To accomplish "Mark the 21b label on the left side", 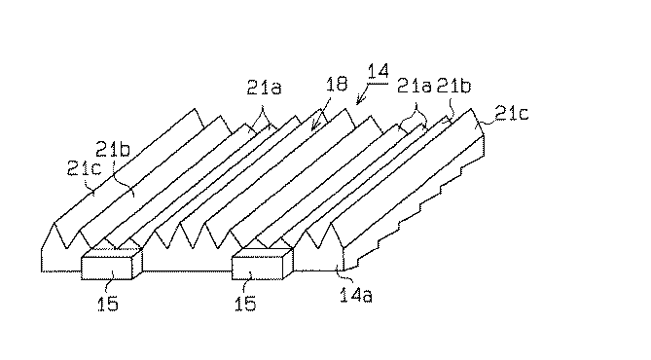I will point(111,149).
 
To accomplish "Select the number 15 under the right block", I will point(246,305).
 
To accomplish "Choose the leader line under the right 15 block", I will point(246,284).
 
